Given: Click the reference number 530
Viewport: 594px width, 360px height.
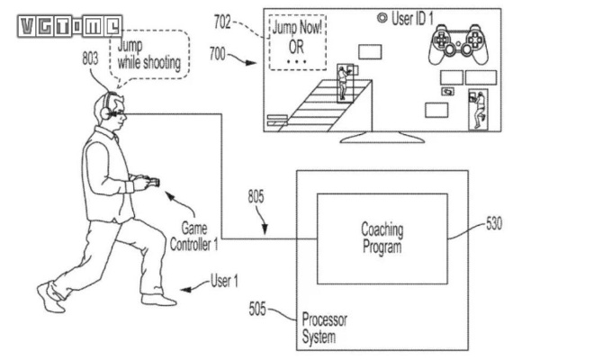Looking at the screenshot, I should point(494,223).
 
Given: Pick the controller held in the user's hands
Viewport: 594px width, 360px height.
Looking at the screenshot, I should point(151,184).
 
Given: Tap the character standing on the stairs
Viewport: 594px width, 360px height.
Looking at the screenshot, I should point(343,82).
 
